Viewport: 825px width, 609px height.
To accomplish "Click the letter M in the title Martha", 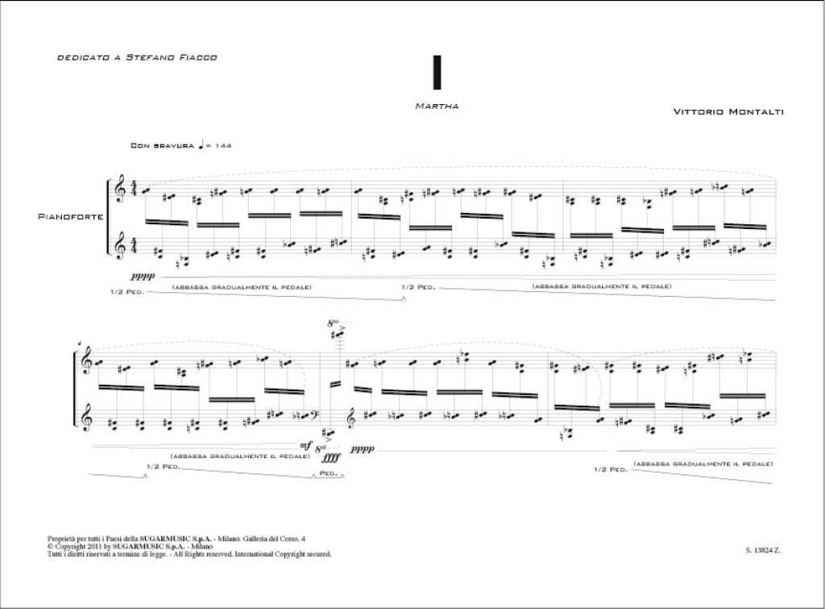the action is coord(419,106).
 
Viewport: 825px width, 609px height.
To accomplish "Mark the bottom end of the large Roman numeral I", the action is coord(436,88).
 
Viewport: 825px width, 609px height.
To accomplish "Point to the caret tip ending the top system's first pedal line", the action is coord(403,298).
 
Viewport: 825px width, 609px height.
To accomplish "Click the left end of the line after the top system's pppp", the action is coord(159,276).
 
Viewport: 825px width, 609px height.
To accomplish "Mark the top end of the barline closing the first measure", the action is coord(352,181).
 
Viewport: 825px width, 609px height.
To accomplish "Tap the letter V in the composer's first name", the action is coord(677,111).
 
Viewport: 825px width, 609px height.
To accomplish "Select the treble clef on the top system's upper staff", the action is coord(121,190).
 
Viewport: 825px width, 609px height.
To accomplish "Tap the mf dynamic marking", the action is coord(305,446).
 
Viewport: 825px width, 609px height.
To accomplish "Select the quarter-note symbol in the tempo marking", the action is coord(201,144).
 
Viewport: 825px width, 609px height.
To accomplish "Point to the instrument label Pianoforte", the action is coord(71,216).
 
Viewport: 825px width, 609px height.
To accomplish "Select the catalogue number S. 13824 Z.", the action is coord(763,551).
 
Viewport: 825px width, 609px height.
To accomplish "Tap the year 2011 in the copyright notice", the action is coord(89,546).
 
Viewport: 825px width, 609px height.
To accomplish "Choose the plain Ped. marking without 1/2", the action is coord(329,473).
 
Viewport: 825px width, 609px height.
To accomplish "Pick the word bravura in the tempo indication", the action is coord(174,145).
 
